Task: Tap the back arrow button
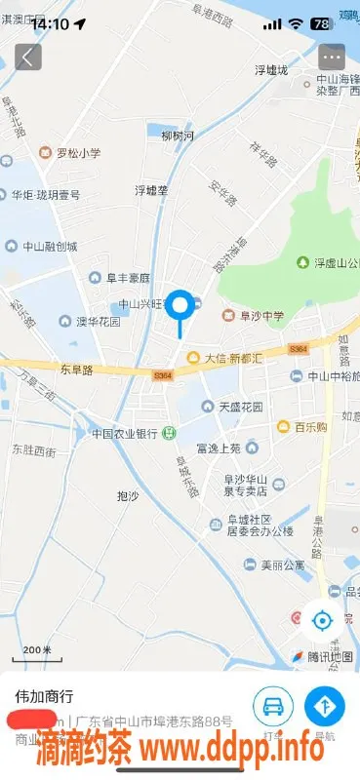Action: click(26, 57)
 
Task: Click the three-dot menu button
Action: click(332, 57)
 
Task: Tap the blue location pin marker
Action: click(180, 307)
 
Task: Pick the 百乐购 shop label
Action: click(303, 426)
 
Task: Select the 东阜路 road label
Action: click(75, 370)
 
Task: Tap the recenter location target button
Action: click(321, 618)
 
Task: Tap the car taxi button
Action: click(273, 706)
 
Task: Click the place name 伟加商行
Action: click(45, 697)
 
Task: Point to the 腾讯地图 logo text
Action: click(320, 655)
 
